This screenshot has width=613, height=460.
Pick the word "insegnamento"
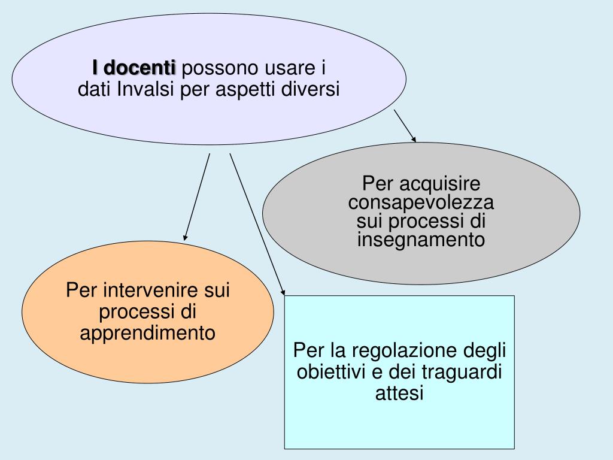pyautogui.click(x=421, y=240)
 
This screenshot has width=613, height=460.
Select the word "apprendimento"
pyautogui.click(x=148, y=332)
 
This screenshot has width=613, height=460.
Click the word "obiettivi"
pyautogui.click(x=332, y=371)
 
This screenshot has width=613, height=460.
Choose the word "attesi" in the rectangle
pyautogui.click(x=399, y=394)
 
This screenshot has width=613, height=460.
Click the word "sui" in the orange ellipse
pyautogui.click(x=217, y=292)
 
